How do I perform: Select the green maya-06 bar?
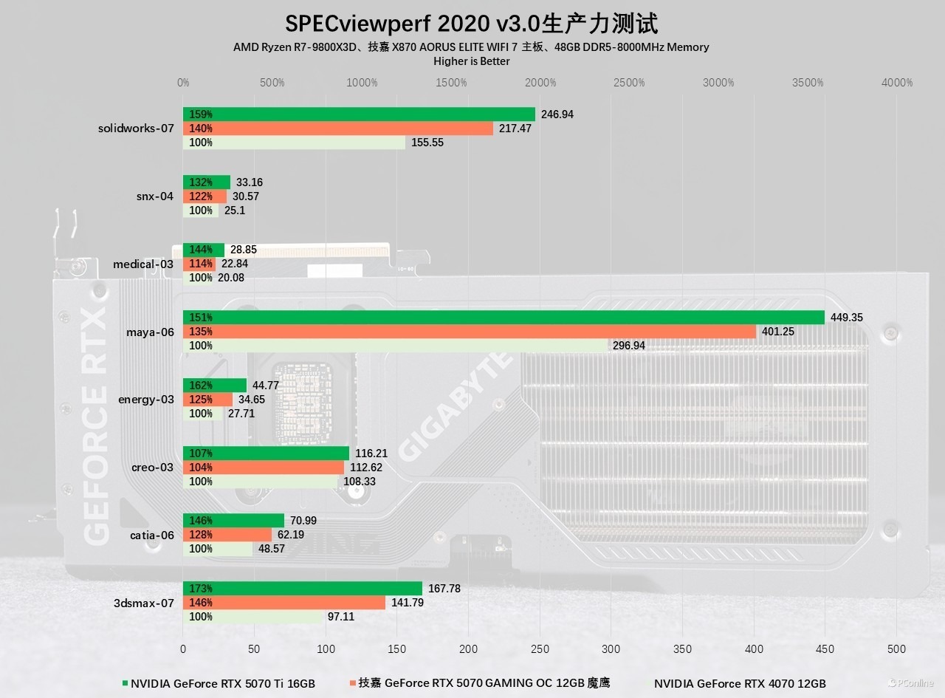504,318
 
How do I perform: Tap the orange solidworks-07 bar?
338,129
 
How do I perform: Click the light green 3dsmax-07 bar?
252,617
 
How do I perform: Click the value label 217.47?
515,129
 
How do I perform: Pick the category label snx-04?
155,196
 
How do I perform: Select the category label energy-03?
146,400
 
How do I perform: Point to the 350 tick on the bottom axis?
683,649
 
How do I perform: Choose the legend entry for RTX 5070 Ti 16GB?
219,684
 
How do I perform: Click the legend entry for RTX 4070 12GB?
738,684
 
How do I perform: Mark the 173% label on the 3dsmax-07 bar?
201,589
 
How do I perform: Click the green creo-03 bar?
266,454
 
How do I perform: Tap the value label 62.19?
289,535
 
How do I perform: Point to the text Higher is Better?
471,61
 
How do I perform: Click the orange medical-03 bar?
199,264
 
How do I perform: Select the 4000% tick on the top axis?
897,83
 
